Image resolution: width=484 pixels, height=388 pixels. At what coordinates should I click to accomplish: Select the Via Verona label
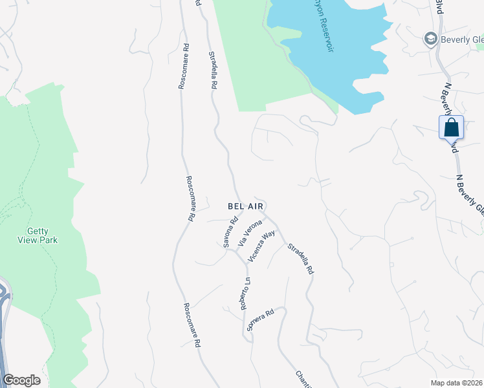coord(250,233)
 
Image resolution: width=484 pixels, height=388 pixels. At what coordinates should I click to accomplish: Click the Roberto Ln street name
coord(245,294)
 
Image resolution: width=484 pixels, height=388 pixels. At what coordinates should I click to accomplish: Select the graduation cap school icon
coord(430,39)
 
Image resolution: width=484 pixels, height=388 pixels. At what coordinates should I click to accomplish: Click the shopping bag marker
coord(451,127)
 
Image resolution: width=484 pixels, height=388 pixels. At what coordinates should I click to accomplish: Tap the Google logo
coord(21,380)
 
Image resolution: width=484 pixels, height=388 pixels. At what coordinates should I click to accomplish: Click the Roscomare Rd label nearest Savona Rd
coord(190,199)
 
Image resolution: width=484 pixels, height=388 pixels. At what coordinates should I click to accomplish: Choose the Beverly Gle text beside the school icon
coord(462,39)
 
